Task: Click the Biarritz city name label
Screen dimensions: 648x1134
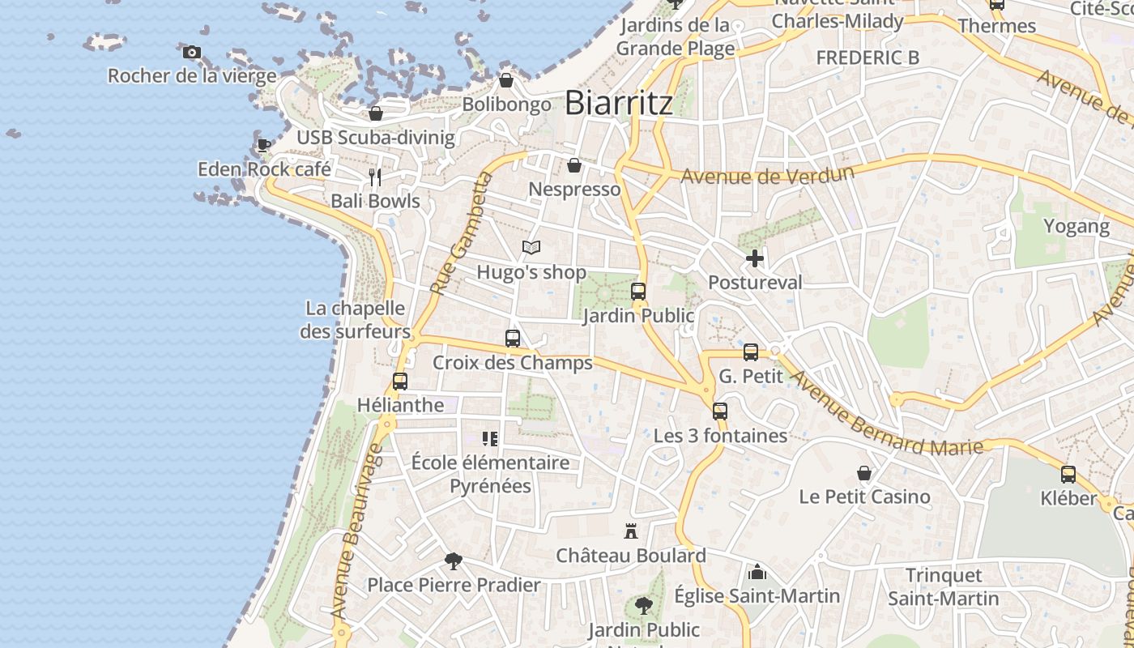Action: pyautogui.click(x=618, y=103)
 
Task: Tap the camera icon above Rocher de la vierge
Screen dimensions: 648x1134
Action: pyautogui.click(x=192, y=53)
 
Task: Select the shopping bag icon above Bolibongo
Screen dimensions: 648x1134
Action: pyautogui.click(x=506, y=80)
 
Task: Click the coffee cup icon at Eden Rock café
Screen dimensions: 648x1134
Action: pyautogui.click(x=263, y=146)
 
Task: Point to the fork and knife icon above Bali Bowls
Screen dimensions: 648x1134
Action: pyautogui.click(x=374, y=177)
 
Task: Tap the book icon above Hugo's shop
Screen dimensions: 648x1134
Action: pyautogui.click(x=531, y=248)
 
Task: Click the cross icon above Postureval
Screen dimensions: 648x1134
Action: pyautogui.click(x=755, y=258)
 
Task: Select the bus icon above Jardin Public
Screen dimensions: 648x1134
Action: pyautogui.click(x=638, y=292)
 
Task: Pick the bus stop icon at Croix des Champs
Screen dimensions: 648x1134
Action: pyautogui.click(x=513, y=339)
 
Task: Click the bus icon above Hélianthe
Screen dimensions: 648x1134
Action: pyautogui.click(x=400, y=381)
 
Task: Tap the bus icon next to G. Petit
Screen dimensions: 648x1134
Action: pyautogui.click(x=751, y=352)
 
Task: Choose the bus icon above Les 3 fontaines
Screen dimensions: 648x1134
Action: pyautogui.click(x=720, y=411)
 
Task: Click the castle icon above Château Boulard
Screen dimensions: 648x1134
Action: pyautogui.click(x=631, y=532)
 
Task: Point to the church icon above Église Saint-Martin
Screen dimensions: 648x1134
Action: pyautogui.click(x=757, y=573)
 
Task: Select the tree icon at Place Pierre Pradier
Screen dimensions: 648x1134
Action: pyautogui.click(x=454, y=561)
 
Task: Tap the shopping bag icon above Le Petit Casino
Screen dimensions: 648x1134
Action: pyautogui.click(x=864, y=473)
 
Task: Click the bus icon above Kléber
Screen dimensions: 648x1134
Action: pyautogui.click(x=1068, y=475)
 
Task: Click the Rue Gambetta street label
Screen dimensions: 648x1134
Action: pyautogui.click(x=461, y=233)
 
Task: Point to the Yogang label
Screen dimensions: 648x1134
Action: pyautogui.click(x=1076, y=226)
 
